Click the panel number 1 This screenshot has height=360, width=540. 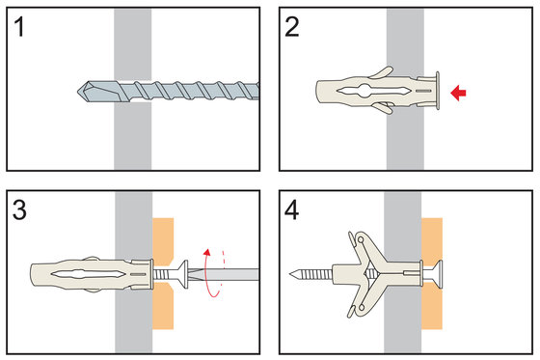[19, 27]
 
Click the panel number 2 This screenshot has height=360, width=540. [292, 27]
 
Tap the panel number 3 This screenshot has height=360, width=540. [19, 209]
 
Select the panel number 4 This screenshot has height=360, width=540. [291, 209]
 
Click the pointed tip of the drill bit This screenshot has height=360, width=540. [78, 92]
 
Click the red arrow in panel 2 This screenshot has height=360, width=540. [458, 93]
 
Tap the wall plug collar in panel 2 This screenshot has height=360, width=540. [438, 91]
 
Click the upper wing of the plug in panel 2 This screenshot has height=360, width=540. [381, 72]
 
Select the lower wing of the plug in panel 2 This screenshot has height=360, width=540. [383, 107]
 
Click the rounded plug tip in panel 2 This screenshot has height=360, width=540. [318, 93]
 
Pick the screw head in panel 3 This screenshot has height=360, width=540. [183, 274]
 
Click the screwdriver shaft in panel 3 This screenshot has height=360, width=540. [224, 274]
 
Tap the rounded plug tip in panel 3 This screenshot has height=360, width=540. [34, 275]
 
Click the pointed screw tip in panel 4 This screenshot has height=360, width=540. [291, 274]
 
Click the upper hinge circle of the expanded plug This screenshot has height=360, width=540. [361, 239]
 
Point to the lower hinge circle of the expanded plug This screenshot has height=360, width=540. [362, 307]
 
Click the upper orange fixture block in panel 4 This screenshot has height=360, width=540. [432, 241]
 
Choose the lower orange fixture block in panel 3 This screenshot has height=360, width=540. [163, 306]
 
